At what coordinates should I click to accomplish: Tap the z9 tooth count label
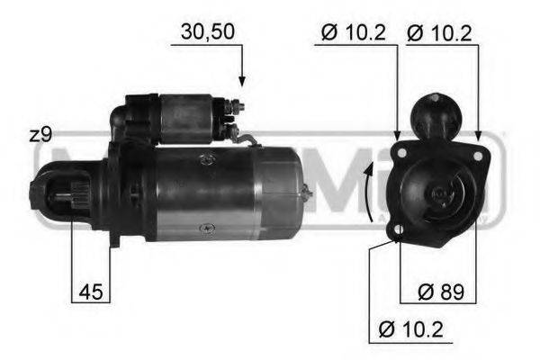(x=40, y=135)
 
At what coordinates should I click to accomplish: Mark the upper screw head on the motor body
(x=208, y=158)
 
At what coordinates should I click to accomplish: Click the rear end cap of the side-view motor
(x=283, y=193)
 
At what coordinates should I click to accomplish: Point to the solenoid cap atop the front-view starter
(x=436, y=115)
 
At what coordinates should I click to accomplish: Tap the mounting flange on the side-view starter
(x=115, y=193)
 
